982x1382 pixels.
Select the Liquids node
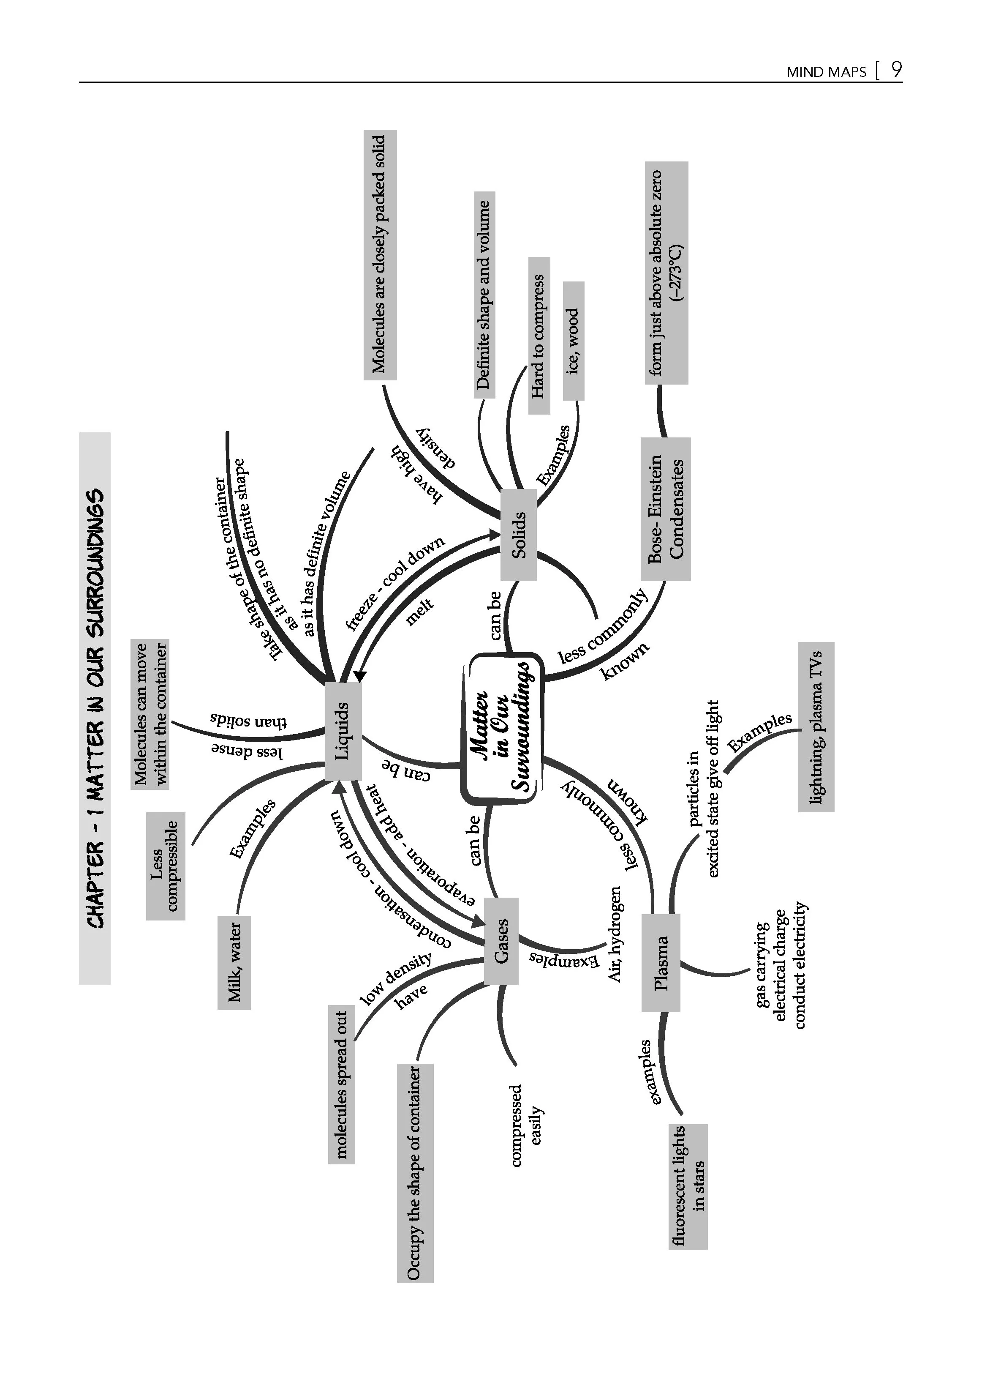click(x=343, y=731)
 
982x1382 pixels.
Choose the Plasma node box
click(x=661, y=963)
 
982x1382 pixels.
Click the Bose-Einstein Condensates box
click(x=666, y=509)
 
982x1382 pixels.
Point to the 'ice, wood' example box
click(x=573, y=341)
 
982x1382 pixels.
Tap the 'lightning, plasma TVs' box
click(x=816, y=727)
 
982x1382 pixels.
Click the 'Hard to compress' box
click(x=539, y=336)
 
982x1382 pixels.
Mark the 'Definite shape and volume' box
click(x=484, y=295)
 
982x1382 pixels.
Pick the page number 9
click(x=897, y=70)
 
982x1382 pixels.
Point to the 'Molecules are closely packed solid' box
click(x=380, y=255)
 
